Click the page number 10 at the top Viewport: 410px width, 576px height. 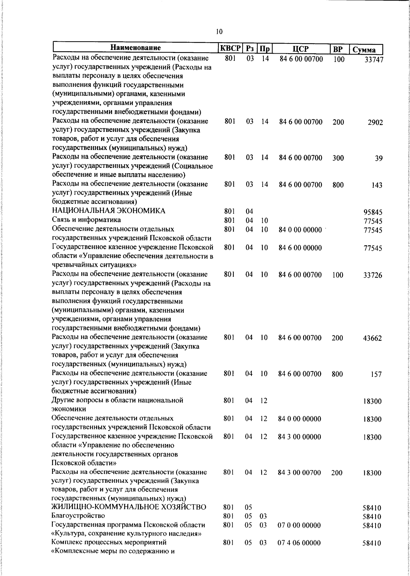pyautogui.click(x=219, y=32)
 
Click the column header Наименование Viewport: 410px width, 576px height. pyautogui.click(x=135, y=47)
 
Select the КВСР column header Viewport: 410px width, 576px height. pyautogui.click(x=230, y=48)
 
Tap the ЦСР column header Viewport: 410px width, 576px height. pyautogui.click(x=301, y=49)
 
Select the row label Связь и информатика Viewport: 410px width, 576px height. pyautogui.click(x=86, y=220)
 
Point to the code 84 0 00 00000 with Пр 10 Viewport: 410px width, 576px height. pyautogui.click(x=300, y=230)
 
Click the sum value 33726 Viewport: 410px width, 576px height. pyautogui.click(x=372, y=276)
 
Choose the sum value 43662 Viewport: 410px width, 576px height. pyautogui.click(x=372, y=339)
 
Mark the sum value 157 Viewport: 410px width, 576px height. pyautogui.click(x=376, y=375)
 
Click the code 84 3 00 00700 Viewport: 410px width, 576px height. pyautogui.click(x=299, y=473)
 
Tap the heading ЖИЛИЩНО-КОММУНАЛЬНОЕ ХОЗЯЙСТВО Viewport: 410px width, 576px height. pyautogui.click(x=129, y=507)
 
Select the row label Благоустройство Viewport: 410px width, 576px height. pyautogui.click(x=78, y=516)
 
